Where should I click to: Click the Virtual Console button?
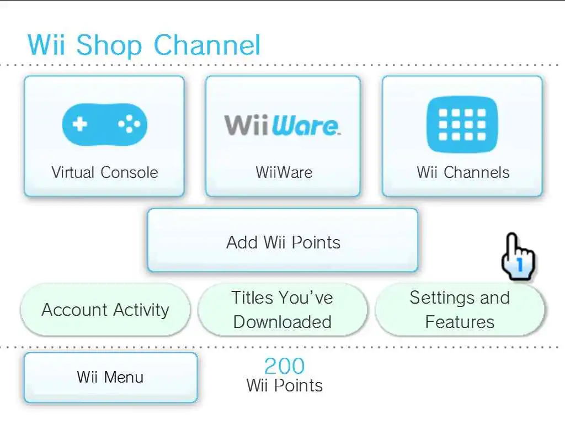point(104,136)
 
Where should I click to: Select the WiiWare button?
point(282,136)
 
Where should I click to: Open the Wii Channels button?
point(462,136)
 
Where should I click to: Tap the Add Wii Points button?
point(282,241)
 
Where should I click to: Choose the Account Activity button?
point(105,310)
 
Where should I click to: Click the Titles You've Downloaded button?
point(282,310)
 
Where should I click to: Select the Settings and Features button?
point(460,310)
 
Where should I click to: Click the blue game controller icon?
point(104,124)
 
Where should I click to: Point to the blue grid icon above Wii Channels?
point(462,124)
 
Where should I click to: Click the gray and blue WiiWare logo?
point(282,125)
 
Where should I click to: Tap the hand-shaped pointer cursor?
point(518,256)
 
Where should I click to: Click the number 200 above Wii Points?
point(284,365)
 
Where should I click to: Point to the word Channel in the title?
point(207,45)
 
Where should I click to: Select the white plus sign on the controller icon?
point(80,124)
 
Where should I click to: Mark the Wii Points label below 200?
point(284,385)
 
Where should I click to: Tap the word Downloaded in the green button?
point(282,322)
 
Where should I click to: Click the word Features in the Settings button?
point(460,322)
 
